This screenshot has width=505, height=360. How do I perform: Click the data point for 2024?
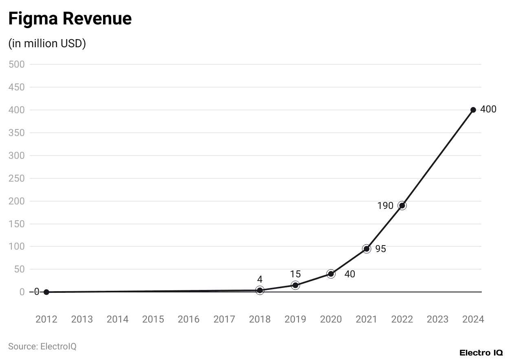[473, 110]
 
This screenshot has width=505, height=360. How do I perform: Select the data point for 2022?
[402, 206]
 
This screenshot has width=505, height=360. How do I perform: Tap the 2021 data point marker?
[367, 249]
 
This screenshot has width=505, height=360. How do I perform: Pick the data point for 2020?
[331, 274]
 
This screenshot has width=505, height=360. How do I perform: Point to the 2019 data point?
[295, 285]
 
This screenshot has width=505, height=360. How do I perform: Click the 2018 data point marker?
[260, 290]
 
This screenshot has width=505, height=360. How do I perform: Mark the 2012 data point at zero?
[46, 292]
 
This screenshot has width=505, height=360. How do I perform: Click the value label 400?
[488, 110]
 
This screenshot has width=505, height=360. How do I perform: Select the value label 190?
[385, 206]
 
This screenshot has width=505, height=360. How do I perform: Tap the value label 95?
[380, 249]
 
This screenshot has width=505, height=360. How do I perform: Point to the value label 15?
[295, 274]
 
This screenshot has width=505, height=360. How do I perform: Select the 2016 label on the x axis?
[189, 319]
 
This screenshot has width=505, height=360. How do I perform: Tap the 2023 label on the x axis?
[437, 319]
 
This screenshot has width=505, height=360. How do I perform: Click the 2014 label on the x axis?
[117, 319]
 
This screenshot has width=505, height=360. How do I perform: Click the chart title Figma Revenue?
[70, 19]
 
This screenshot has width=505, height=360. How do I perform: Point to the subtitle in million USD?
[47, 44]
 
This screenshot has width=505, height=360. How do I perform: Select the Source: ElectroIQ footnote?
[42, 347]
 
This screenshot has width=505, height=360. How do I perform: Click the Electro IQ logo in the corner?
[481, 353]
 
